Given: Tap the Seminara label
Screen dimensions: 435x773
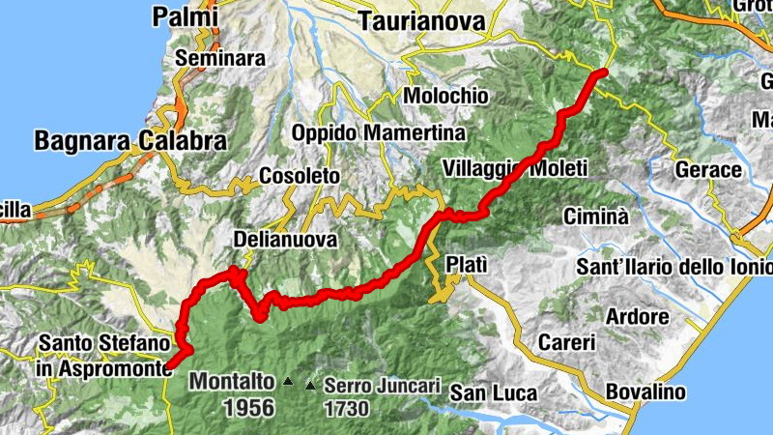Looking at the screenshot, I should click(219, 58).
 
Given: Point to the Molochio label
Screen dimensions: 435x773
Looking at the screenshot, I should click(446, 97).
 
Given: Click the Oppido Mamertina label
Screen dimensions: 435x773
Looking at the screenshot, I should click(378, 132).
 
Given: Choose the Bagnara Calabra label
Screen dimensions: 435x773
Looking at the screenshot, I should click(130, 141).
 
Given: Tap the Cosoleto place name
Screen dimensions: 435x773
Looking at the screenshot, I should click(300, 177).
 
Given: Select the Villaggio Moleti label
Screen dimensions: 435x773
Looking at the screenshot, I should click(515, 168).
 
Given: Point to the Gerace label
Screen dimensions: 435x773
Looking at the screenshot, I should click(709, 170).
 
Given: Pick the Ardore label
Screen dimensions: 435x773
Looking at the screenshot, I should click(637, 317).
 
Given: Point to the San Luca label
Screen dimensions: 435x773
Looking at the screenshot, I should click(487, 392).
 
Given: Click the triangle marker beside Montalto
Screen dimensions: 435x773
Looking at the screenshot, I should click(287, 383).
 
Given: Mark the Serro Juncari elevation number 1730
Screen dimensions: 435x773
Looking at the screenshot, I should click(346, 408).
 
